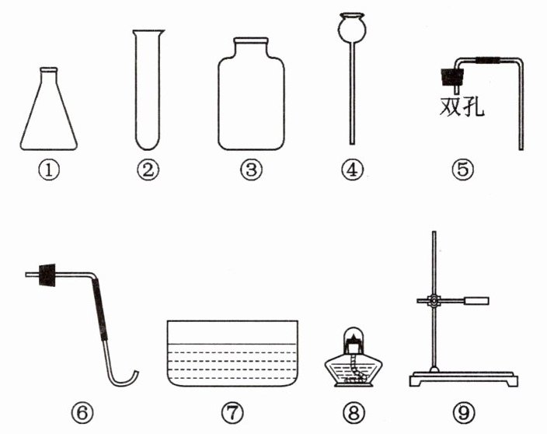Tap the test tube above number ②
click(148, 90)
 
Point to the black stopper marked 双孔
click(452, 77)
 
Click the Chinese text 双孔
click(462, 106)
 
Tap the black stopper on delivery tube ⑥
click(47, 275)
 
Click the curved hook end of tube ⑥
click(122, 379)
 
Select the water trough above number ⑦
click(232, 353)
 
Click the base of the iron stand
click(464, 379)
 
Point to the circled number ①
click(48, 170)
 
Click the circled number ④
click(352, 170)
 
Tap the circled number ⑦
click(232, 413)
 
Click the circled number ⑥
click(82, 413)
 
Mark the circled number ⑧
click(354, 413)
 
